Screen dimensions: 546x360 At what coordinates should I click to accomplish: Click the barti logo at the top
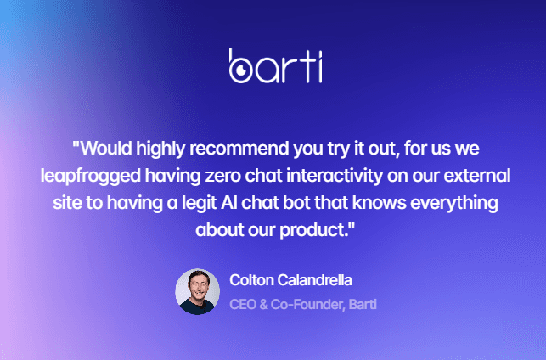(x=275, y=65)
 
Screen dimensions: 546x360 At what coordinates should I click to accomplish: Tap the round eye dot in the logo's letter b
(x=241, y=70)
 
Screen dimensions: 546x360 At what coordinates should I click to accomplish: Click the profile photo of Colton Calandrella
(x=198, y=292)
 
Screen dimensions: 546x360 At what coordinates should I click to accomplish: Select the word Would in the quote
(x=106, y=149)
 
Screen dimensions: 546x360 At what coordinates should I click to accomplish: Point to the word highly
(x=160, y=149)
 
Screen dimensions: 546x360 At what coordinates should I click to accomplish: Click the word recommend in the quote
(x=239, y=149)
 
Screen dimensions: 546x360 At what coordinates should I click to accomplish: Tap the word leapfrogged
(x=91, y=177)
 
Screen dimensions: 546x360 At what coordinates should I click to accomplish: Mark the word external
(x=477, y=176)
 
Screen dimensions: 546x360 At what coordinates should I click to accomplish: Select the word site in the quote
(x=67, y=203)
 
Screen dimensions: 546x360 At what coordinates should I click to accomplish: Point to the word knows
(x=380, y=203)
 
